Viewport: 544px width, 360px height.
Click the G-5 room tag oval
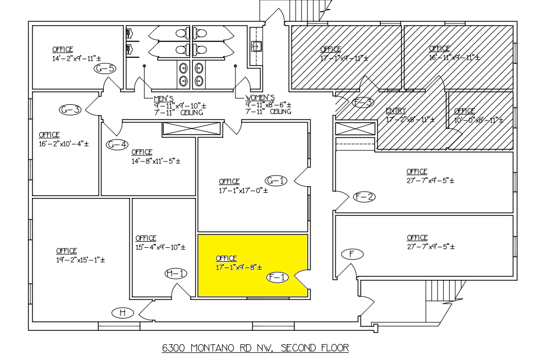[105, 68]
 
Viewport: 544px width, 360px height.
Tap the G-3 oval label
[70, 109]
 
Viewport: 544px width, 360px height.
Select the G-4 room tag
[117, 144]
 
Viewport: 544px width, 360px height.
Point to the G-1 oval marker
[276, 181]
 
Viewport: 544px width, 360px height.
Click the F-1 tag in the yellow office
[278, 277]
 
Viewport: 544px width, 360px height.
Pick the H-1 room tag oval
[176, 274]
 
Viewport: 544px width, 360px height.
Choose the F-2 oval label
[365, 197]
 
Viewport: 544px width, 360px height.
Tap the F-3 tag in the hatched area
[363, 102]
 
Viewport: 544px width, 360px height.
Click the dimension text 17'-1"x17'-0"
[243, 191]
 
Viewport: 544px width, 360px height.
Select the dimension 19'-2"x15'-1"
[81, 260]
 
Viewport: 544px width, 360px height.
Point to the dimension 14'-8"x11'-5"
[156, 161]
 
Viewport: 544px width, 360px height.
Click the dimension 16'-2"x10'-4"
[63, 144]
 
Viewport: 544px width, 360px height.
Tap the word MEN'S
[163, 99]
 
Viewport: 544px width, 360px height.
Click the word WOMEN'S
[260, 98]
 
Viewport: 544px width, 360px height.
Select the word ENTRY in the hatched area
[396, 110]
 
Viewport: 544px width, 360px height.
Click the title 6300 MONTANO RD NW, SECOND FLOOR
[255, 348]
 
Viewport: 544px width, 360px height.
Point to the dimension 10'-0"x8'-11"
[479, 120]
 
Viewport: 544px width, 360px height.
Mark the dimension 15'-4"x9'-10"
[160, 247]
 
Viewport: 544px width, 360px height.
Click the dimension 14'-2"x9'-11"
[77, 59]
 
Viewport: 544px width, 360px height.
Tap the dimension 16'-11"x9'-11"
[454, 58]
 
